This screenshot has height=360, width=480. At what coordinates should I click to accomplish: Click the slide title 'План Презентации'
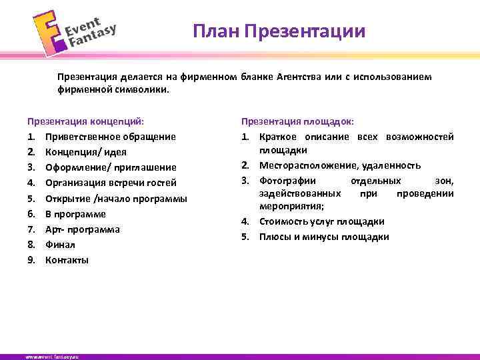click(279, 31)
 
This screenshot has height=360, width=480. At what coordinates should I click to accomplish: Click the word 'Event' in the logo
click(83, 26)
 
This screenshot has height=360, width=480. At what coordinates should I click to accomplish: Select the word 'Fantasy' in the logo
click(93, 37)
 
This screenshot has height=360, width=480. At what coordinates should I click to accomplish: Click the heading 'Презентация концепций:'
click(85, 121)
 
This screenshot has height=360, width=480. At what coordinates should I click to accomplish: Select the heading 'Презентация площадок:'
click(297, 121)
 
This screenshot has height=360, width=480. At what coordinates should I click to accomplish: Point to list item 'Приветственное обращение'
click(111, 137)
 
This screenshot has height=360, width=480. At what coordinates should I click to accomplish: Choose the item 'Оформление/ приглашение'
click(111, 167)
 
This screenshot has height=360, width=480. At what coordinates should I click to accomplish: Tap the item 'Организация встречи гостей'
click(111, 183)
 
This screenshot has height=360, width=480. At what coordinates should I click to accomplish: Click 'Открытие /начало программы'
click(116, 199)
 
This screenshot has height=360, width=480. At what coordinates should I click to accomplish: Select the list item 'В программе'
click(75, 214)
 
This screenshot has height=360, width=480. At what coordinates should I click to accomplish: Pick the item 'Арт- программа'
click(83, 229)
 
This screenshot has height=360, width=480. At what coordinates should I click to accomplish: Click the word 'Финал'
click(60, 245)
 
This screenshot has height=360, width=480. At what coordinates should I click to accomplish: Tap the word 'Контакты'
click(67, 260)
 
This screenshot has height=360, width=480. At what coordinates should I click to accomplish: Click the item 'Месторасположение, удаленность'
click(340, 165)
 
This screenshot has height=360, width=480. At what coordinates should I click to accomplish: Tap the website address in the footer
click(53, 357)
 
